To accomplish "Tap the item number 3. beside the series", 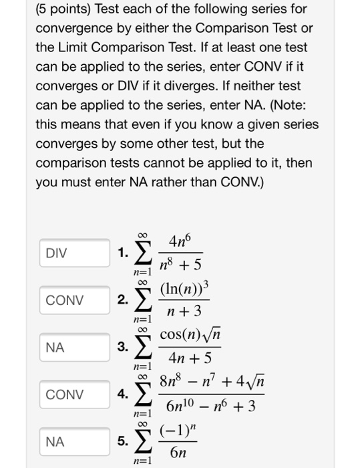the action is [122, 347].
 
